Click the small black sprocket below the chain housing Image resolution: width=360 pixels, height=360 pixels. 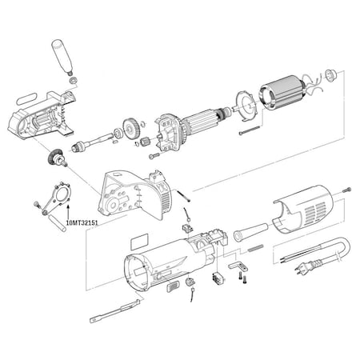pyautogui.click(x=55, y=158)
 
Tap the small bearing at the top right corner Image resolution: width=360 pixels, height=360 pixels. pyautogui.click(x=326, y=78)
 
